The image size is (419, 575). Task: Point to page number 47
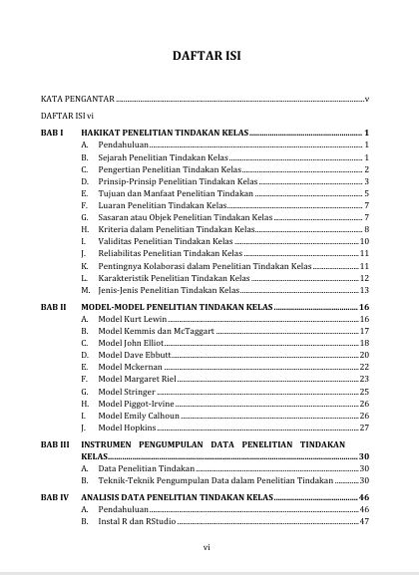coord(365,520)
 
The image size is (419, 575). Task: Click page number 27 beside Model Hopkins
coord(365,428)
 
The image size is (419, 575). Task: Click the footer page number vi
coord(207,546)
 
